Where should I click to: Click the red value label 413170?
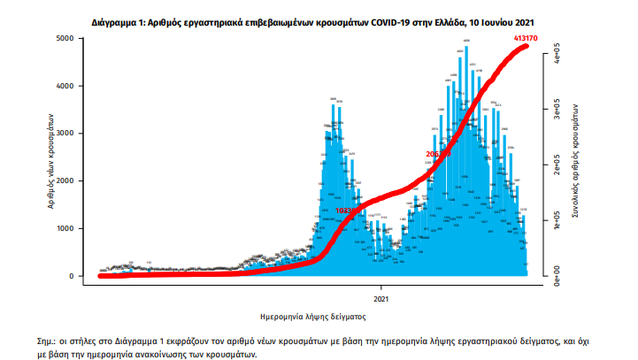(x=527, y=38)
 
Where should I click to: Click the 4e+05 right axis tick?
(x=557, y=58)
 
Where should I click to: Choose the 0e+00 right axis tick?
(x=557, y=278)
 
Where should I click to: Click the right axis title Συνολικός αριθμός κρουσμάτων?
(x=576, y=165)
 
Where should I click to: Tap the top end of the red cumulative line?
(x=527, y=45)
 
